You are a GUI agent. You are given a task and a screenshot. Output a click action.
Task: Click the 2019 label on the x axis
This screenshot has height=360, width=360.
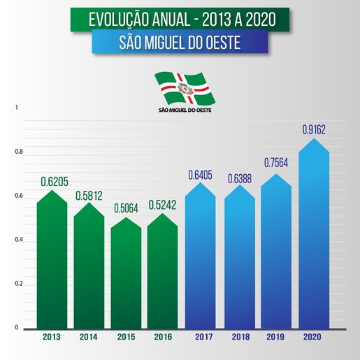click(x=276, y=338)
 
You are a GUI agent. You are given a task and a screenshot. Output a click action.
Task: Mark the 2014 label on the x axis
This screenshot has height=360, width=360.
click(x=89, y=338)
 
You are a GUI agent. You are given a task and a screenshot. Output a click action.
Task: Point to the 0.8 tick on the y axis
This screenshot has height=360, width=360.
click(x=20, y=152)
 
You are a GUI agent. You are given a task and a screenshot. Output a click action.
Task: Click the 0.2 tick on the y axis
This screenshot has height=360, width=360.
click(x=20, y=284)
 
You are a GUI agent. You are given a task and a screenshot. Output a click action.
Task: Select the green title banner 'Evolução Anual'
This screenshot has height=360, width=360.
click(x=180, y=20)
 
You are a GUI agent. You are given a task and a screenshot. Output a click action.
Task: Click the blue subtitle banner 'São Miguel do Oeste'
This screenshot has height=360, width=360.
click(x=180, y=43)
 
